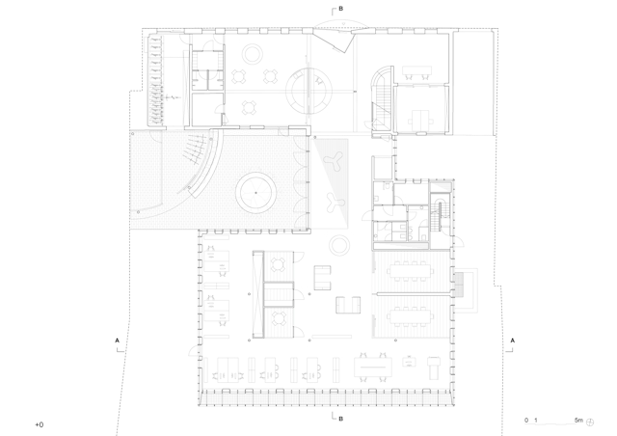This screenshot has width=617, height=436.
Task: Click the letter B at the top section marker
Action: (340, 9)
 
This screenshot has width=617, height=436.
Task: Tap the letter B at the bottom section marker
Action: (340, 419)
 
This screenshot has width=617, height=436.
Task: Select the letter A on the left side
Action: (117, 341)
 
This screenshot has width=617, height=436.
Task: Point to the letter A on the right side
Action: (512, 341)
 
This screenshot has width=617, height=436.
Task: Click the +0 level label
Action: (40, 425)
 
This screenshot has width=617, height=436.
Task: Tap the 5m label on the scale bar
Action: (578, 421)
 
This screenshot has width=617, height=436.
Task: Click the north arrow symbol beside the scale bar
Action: (590, 422)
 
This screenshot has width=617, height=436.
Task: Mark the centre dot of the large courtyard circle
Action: (255, 193)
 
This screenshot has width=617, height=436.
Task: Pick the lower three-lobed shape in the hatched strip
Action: (335, 203)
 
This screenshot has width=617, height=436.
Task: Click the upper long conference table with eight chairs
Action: (412, 271)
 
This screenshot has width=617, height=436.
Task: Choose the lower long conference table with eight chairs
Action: (412, 316)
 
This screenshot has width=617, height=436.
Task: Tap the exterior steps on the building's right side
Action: (459, 285)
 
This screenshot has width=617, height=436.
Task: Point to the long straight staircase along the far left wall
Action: (154, 80)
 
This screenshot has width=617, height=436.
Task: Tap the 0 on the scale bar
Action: (526, 421)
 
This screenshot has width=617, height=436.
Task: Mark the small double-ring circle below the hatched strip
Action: (339, 245)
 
